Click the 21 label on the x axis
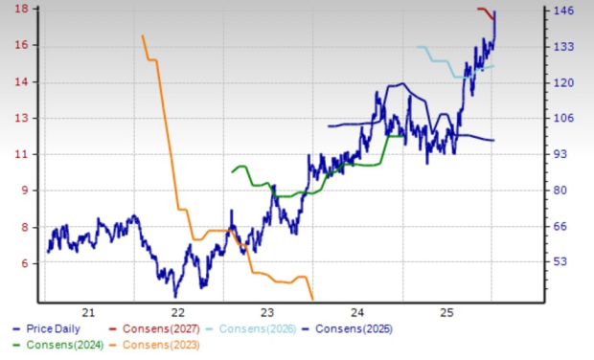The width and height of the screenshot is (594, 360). (x=88, y=312)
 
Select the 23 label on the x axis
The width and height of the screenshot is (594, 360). (x=267, y=312)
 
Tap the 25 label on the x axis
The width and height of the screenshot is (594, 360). (x=446, y=312)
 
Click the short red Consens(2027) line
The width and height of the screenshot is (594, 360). (x=485, y=10)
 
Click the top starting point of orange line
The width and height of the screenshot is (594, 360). (x=142, y=36)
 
